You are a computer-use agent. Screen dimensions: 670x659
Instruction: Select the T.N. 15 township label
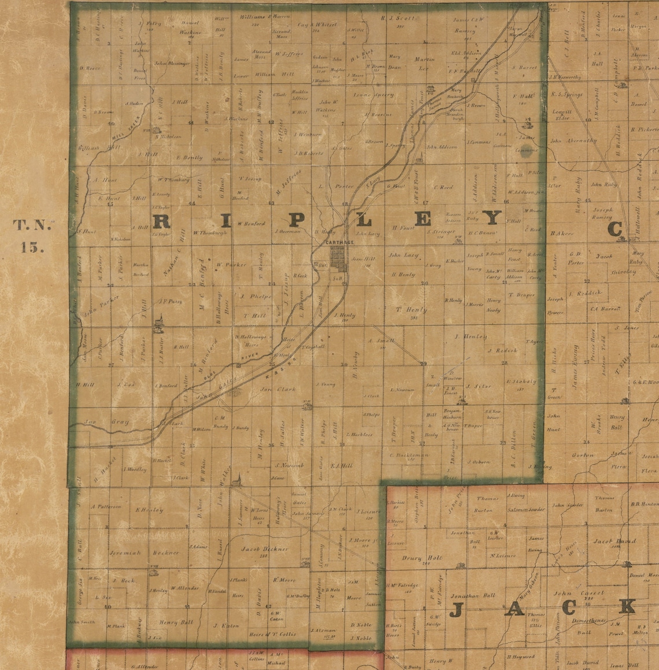click(x=32, y=235)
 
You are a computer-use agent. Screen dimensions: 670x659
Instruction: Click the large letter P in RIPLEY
click(x=296, y=220)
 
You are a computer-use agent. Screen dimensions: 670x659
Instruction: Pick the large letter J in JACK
click(x=457, y=609)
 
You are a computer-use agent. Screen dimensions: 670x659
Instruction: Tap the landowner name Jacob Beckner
click(x=265, y=549)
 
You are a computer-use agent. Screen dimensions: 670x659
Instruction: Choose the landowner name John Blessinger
click(x=172, y=63)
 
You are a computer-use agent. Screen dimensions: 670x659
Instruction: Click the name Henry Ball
click(x=176, y=623)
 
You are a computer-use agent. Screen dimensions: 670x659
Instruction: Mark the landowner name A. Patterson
click(x=106, y=506)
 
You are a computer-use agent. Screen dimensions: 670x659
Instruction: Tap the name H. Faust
click(x=404, y=228)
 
